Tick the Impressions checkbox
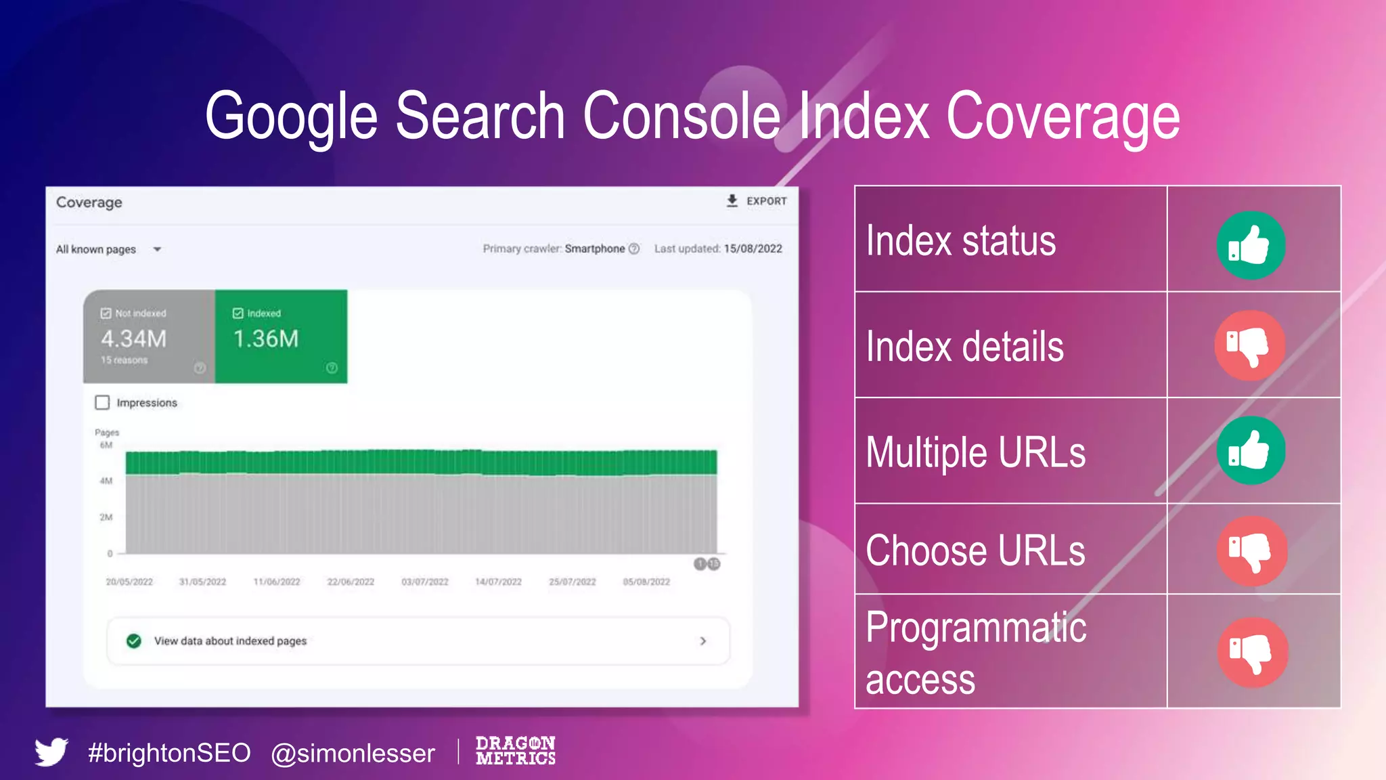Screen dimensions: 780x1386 tap(102, 403)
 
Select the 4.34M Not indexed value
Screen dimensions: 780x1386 tap(133, 339)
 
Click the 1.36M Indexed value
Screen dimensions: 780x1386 tap(266, 339)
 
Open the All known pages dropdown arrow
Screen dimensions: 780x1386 tap(157, 249)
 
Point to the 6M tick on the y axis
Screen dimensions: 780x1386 tap(106, 445)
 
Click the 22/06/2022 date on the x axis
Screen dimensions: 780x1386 tap(351, 582)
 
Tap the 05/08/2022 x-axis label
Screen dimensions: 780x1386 tap(646, 582)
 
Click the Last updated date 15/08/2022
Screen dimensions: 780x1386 tap(753, 248)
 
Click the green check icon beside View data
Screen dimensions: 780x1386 tap(134, 641)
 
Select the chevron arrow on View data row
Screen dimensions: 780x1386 tap(703, 641)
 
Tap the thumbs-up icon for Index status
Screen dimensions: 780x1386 tap(1250, 245)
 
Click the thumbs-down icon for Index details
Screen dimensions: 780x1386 tap(1249, 345)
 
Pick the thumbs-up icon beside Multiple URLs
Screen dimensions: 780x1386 tap(1250, 450)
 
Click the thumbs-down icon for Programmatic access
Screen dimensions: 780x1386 tap(1252, 652)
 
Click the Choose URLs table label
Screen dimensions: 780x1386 tap(975, 550)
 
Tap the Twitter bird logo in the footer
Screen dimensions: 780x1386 tap(51, 752)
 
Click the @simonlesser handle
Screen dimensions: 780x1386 tap(353, 753)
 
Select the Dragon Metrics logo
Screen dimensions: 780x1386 tap(515, 751)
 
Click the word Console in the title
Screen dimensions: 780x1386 tap(681, 116)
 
